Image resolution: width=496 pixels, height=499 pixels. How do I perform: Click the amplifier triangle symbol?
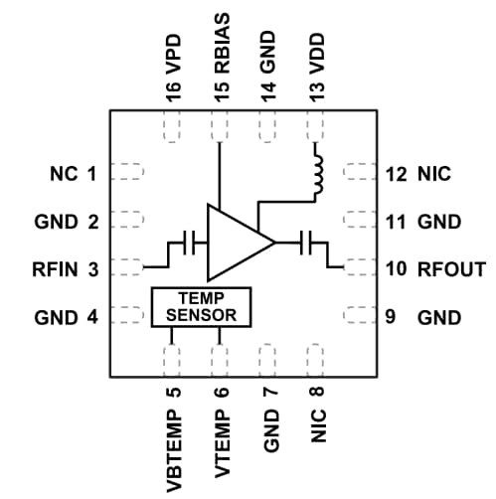[235, 242]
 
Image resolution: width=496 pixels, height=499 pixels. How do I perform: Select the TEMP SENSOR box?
[202, 307]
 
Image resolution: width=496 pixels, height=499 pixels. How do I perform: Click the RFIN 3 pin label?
[65, 268]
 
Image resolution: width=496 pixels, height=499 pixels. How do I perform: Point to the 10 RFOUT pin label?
[434, 269]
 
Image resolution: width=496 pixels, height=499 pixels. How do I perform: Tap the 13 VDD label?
[318, 62]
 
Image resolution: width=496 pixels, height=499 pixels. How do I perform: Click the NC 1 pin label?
[73, 175]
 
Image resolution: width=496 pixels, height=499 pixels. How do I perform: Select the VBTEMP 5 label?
[173, 433]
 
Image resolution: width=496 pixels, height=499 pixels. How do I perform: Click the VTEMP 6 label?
[222, 427]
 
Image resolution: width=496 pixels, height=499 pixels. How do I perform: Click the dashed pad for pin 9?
[357, 318]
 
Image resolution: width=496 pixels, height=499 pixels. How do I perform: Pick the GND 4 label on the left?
[65, 318]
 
